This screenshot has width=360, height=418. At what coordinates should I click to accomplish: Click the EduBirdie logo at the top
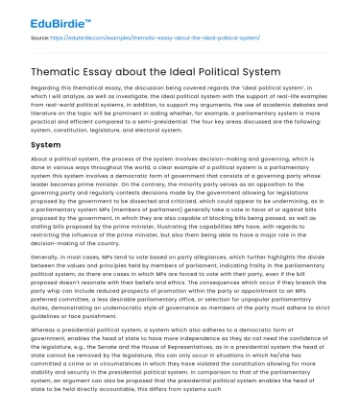point(51,18)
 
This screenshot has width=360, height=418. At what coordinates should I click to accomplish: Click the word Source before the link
point(41,37)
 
